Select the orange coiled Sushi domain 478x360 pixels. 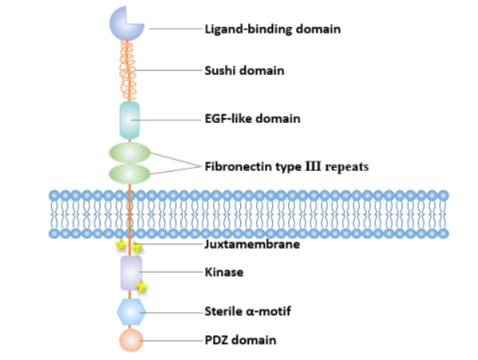click(129, 70)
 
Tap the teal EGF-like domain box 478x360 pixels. click(129, 119)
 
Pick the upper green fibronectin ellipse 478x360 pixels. click(129, 152)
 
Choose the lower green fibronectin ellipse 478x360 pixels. click(129, 173)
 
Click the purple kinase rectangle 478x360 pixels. click(130, 273)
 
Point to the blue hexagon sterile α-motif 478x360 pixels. click(130, 311)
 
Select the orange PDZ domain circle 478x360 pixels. click(131, 340)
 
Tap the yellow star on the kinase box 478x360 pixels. click(142, 286)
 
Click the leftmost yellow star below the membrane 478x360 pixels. click(120, 244)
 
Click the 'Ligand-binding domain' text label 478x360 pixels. click(273, 30)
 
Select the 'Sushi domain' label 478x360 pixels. click(245, 71)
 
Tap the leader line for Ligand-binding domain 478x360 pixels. click(176, 30)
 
